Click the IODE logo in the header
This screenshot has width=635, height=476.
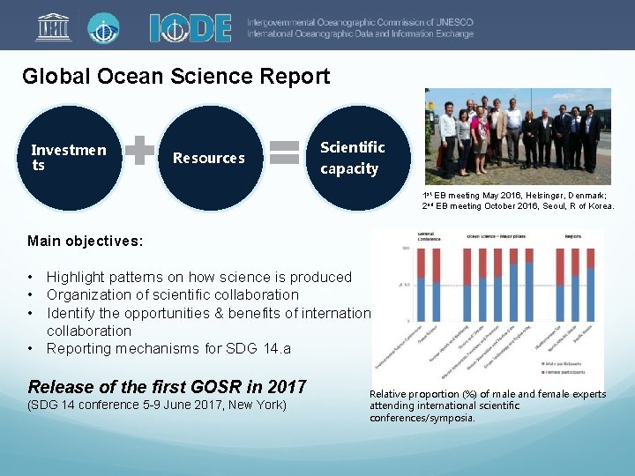tap(190, 27)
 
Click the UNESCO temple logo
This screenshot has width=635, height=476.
tap(54, 27)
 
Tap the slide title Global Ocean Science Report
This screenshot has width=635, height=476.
tap(176, 76)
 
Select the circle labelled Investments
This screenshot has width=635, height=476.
tap(69, 158)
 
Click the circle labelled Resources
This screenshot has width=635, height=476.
tap(209, 158)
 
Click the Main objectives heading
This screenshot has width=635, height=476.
tap(84, 241)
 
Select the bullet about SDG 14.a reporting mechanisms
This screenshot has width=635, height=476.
tap(168, 348)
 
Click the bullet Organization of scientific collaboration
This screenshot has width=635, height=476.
tap(172, 294)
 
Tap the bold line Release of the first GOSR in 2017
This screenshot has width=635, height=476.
tap(167, 386)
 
